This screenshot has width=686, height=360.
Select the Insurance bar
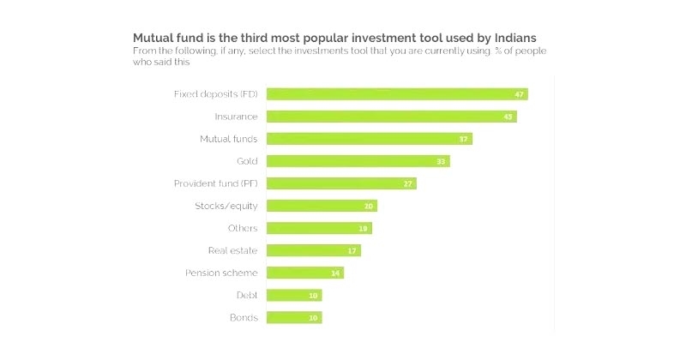[391, 117]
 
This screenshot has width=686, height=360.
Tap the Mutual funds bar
[369, 139]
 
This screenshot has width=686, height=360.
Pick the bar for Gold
[358, 161]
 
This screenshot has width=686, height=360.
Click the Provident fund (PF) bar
[341, 183]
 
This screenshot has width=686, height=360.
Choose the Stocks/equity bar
[322, 206]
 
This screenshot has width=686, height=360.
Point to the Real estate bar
[313, 250]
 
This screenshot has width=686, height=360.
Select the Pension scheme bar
[304, 273]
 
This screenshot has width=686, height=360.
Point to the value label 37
[464, 139]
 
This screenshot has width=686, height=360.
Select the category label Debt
[247, 295]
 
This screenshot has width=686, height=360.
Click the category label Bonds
[244, 317]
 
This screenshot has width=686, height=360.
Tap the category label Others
[243, 228]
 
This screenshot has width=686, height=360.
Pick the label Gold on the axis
[247, 161]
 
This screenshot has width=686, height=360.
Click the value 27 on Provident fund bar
[408, 183]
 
